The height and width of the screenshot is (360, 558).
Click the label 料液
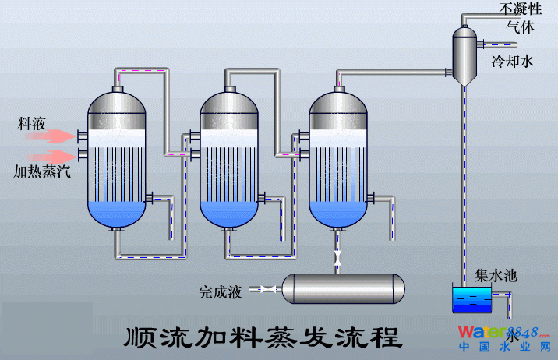pos(34,124)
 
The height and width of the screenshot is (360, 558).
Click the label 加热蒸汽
pos(42,171)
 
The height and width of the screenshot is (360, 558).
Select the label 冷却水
pos(512,62)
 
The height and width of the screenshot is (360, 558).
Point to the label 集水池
pos(496,276)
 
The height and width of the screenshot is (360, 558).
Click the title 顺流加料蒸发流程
pos(263,337)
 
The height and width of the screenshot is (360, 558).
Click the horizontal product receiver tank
pos(343,288)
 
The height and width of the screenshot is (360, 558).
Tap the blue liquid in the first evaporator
pos(117,211)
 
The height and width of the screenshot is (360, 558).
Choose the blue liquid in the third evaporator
pos(338,211)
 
